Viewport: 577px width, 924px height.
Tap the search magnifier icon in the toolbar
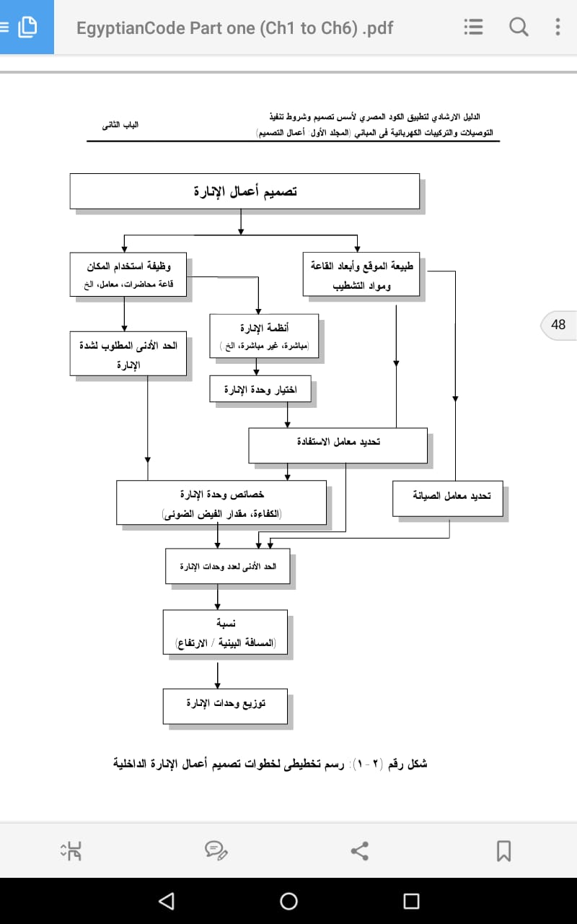519,27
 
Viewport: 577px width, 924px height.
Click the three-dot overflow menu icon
558,27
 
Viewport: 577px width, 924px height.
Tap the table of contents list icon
473,27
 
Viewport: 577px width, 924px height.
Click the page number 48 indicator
558,325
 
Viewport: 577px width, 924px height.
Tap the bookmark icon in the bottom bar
503,850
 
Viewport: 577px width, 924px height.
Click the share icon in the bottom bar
359,851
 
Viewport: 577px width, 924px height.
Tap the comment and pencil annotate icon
216,850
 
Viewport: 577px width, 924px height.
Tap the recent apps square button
411,901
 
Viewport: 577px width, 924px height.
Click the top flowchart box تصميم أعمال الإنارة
245,191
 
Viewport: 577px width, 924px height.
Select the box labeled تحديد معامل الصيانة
448,498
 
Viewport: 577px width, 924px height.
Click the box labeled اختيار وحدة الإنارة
260,388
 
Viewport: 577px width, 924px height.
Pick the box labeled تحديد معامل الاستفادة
338,445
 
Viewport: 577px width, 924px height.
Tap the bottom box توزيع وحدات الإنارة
225,706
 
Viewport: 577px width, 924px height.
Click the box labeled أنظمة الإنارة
264,336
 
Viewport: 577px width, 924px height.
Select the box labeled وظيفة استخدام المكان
128,274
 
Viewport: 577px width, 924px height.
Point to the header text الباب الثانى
120,125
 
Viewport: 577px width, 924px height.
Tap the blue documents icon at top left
27,27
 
